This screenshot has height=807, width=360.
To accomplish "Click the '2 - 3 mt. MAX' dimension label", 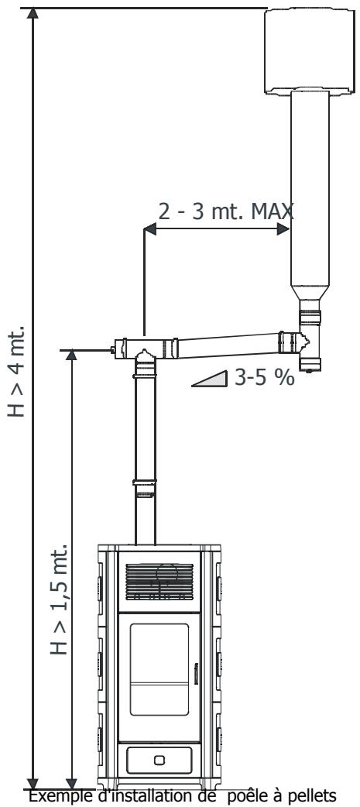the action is tap(226, 211).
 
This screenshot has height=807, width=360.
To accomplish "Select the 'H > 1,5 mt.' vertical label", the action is tap(59, 598).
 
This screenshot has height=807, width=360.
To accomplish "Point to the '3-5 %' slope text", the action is tap(264, 378).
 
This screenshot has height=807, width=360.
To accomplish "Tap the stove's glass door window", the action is tap(159, 669).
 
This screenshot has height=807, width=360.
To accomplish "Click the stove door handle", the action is tap(195, 674).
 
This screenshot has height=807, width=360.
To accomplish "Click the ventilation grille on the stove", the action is tap(159, 582).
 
